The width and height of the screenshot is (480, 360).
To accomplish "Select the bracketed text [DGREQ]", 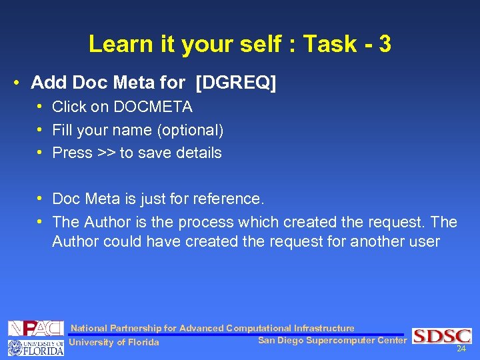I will (x=236, y=83).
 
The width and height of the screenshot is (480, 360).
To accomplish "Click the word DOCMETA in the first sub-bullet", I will (x=153, y=107).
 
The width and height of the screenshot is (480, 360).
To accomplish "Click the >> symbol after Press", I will (x=106, y=153).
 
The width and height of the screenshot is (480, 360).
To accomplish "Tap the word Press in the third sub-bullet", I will (x=72, y=153).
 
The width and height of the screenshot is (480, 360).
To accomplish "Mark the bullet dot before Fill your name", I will (x=41, y=130).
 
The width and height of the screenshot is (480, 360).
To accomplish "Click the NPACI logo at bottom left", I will (x=35, y=329).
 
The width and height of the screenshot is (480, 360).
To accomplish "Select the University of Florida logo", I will (x=35, y=347).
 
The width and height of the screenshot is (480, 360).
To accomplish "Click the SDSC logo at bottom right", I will (x=441, y=336).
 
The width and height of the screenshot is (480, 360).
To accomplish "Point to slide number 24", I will (x=461, y=349).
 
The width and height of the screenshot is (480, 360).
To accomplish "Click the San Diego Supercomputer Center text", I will (x=331, y=341).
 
